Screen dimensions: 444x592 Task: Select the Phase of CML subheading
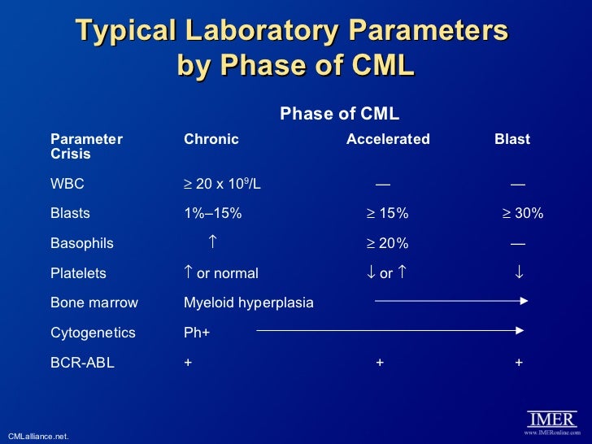[x=339, y=114]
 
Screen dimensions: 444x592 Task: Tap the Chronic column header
[x=211, y=139]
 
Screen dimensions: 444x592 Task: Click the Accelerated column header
[x=388, y=139]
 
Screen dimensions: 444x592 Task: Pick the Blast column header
[x=512, y=139]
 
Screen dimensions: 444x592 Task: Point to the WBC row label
[x=67, y=184]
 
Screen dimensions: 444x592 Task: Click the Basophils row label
[x=82, y=243]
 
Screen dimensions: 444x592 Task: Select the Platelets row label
[x=78, y=273]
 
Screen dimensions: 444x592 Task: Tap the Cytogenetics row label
[x=93, y=333]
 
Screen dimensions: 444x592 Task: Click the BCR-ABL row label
[x=82, y=363]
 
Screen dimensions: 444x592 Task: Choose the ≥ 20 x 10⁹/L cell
[x=222, y=184]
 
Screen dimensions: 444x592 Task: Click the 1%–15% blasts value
[x=213, y=214]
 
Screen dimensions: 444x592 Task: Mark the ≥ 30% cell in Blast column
[x=521, y=214]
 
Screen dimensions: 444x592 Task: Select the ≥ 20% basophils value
[x=386, y=243]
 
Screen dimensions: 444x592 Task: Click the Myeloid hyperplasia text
[x=249, y=303]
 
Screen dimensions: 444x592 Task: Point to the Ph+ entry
[x=197, y=333]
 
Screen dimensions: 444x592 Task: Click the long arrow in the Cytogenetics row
[x=389, y=331]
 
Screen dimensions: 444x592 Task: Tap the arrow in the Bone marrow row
[x=451, y=301]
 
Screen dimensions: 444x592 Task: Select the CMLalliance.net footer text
[x=38, y=437]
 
